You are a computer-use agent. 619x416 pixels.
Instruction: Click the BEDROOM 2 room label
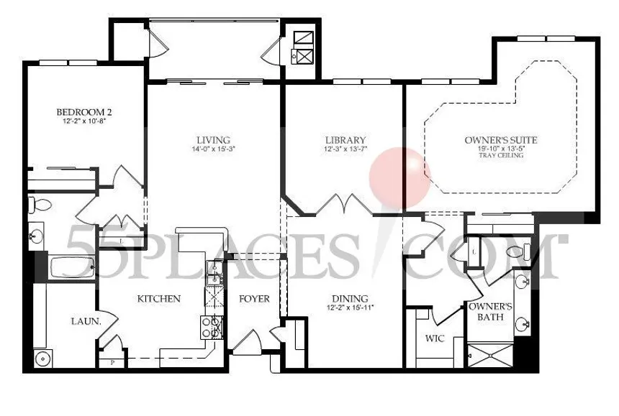83,112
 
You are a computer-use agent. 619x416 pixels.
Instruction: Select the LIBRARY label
345,140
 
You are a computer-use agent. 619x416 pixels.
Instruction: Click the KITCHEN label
158,299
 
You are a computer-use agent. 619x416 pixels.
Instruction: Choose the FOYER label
254,299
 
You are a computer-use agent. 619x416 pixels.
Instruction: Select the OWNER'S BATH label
489,311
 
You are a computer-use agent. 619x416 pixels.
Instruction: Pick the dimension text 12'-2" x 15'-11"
350,308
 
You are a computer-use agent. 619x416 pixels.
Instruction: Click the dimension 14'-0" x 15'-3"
214,149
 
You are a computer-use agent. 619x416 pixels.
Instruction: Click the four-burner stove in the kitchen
212,328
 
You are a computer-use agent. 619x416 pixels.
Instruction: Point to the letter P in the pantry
112,364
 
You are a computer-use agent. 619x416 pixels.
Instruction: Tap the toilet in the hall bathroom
38,205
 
